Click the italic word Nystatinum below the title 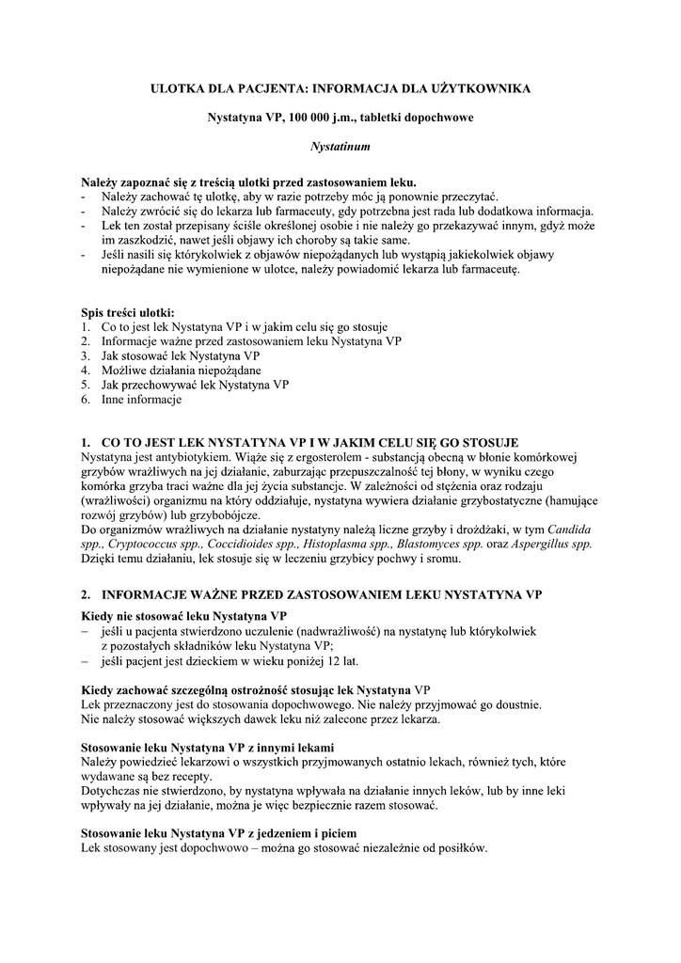(340, 148)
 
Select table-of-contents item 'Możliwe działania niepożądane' (168, 370)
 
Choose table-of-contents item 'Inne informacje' (141, 399)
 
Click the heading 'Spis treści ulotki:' (127, 312)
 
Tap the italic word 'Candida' (569, 529)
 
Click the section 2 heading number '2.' (87, 594)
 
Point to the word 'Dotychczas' (113, 792)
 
